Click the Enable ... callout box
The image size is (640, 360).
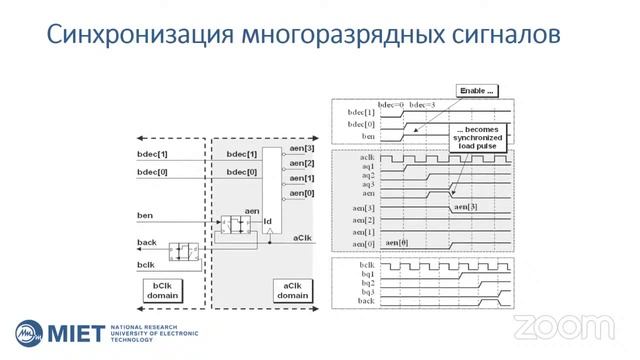[476, 90]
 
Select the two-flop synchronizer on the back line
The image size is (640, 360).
[184, 250]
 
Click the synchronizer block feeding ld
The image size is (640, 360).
[241, 223]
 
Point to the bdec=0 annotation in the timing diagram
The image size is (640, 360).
[389, 104]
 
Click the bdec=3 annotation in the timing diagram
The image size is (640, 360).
[424, 104]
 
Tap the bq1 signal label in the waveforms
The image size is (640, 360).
[366, 274]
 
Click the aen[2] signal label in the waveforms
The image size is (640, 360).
[363, 219]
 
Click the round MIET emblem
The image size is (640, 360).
[30, 332]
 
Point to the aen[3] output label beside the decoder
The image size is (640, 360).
[302, 149]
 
